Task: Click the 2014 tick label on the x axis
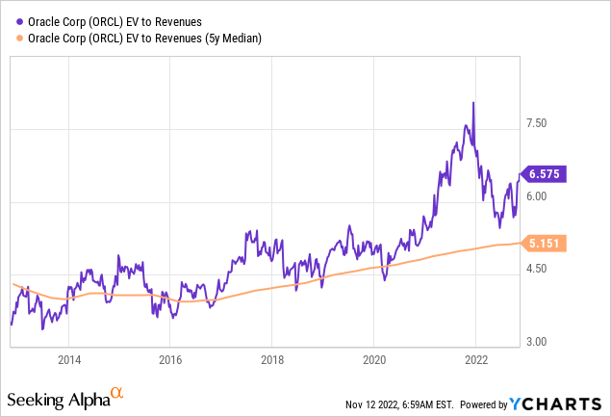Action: point(68,361)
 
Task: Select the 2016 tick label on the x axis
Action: point(169,361)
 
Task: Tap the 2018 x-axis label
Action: point(271,361)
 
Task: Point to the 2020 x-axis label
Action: point(373,361)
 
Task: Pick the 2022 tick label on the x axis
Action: point(475,361)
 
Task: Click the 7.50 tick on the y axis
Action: point(536,123)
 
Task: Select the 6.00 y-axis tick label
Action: point(536,196)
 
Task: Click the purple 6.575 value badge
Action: point(547,174)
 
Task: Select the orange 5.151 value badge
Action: point(547,244)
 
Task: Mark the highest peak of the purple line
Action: point(472,102)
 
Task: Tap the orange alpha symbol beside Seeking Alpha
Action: point(116,394)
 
